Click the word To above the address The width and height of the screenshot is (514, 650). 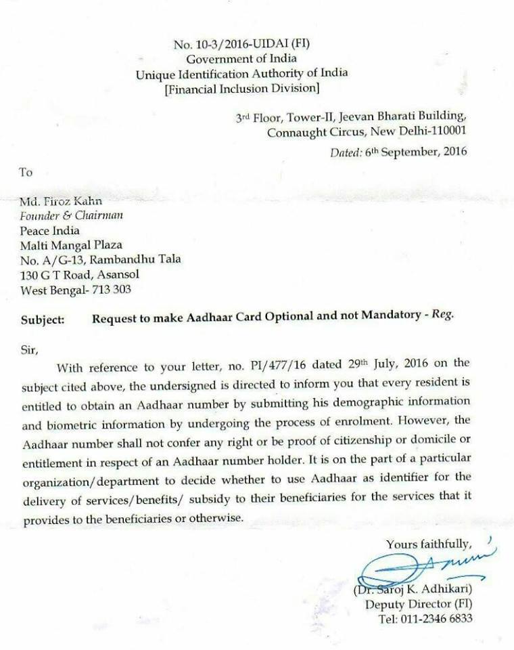[x=26, y=172]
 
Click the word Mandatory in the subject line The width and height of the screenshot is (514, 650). [x=367, y=320]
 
